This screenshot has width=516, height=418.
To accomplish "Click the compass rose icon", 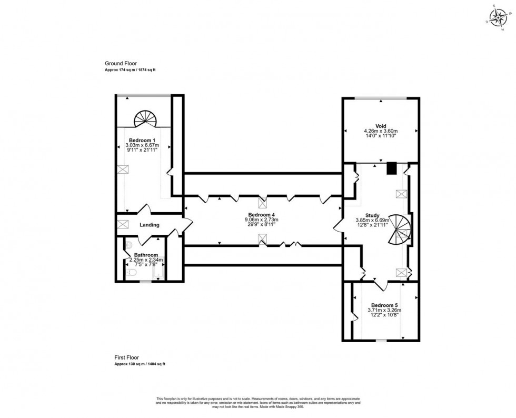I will (496, 17).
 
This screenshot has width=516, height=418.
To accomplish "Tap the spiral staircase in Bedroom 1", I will (144, 119).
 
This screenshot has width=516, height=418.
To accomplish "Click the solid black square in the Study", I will (391, 168).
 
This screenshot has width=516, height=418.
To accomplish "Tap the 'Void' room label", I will (381, 126).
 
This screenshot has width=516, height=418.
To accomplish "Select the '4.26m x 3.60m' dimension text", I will (381, 131).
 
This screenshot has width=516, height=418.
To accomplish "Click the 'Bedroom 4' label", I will (262, 215).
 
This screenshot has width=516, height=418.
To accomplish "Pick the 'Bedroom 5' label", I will (384, 305).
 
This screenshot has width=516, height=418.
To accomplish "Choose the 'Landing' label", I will (150, 225).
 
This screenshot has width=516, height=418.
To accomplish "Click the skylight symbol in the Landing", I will (124, 224).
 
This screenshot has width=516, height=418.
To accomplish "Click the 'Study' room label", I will (372, 215).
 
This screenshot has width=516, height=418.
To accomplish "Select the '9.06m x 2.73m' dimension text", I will (262, 220).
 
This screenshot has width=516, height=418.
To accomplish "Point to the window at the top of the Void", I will (380, 98).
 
